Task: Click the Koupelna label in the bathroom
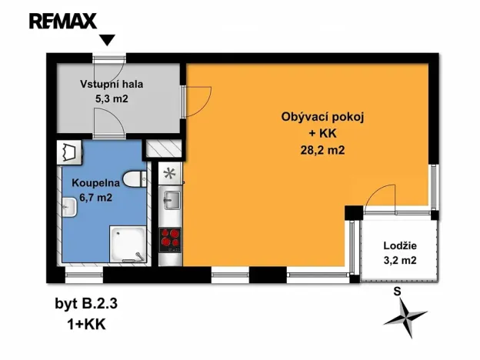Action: click(94, 183)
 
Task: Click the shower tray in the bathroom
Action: click(127, 243)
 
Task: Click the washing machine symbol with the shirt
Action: click(70, 152)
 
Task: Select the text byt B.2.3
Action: click(86, 303)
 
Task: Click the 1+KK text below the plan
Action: click(86, 324)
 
